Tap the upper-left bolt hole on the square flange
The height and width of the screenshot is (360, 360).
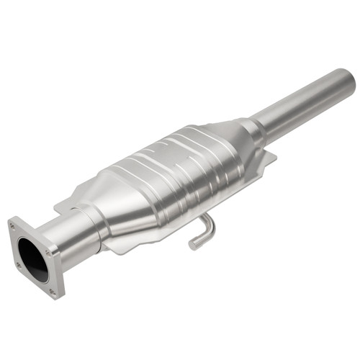tap(12, 227)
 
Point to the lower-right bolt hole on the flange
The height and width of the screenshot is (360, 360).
tap(53, 292)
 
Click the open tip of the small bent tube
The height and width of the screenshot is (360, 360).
tap(193, 245)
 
